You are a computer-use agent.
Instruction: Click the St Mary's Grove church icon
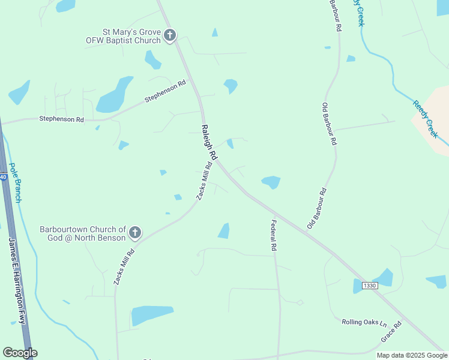coord(170,35)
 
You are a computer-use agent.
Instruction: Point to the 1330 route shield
coord(370,286)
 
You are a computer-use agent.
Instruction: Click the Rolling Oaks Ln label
coord(364,322)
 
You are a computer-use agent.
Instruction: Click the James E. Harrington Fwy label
coord(17,280)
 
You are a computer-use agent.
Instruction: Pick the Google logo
coord(20,353)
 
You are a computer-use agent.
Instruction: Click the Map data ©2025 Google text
coord(412,355)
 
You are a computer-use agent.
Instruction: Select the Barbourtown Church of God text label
coord(83,233)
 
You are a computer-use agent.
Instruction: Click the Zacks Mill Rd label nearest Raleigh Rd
coord(205,181)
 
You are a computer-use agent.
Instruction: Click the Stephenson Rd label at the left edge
coord(61,119)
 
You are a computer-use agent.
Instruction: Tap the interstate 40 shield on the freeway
coord(3,177)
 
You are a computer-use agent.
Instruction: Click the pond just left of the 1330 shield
coord(358,286)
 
